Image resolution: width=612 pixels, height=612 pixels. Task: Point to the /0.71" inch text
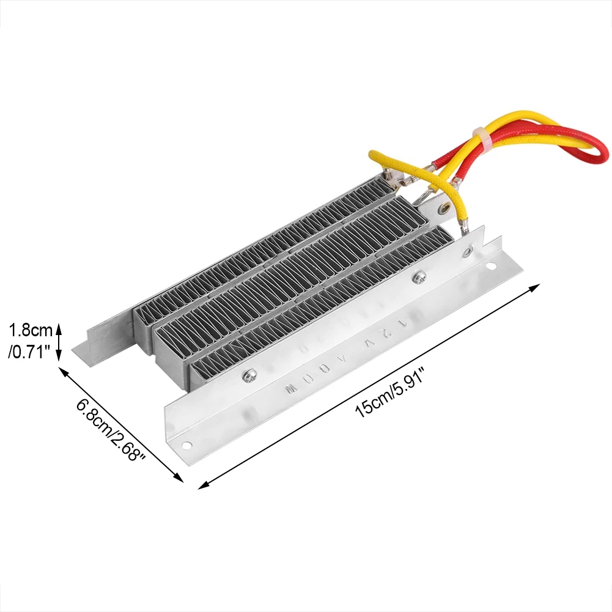coord(29,353)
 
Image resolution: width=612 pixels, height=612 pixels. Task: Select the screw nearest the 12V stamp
coord(420,277)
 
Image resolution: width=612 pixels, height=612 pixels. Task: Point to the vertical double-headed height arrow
coord(59,342)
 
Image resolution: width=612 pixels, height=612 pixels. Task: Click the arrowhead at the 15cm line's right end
coord(537,286)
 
